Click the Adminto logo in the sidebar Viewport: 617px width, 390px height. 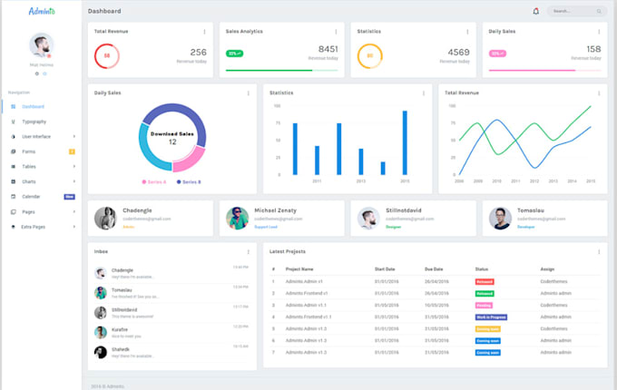[42, 11]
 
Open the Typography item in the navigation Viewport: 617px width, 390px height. [34, 121]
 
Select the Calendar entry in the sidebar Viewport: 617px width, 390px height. [31, 196]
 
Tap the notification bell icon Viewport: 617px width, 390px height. [535, 11]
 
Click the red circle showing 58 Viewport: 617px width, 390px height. [107, 56]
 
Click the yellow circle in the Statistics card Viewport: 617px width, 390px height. [367, 56]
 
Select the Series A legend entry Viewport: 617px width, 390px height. [154, 181]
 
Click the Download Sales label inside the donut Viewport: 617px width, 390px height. [171, 133]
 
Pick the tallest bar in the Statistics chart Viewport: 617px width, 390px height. [405, 142]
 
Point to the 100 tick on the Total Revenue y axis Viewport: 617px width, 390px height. [452, 105]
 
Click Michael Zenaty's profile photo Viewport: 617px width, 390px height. [237, 218]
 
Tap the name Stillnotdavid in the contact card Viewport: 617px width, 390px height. [404, 210]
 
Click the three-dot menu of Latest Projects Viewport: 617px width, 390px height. [599, 251]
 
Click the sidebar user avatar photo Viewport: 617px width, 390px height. [41, 45]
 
